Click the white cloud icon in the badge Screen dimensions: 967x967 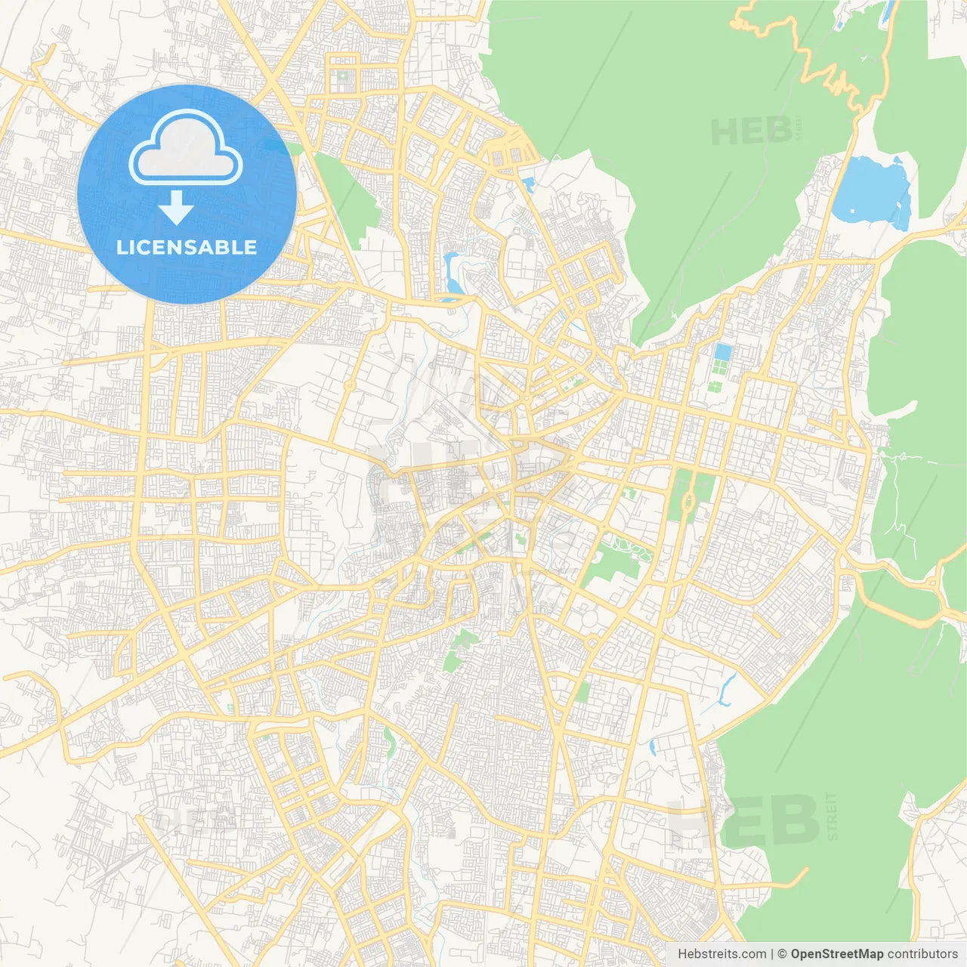click(186, 148)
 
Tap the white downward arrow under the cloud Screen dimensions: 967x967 click(176, 208)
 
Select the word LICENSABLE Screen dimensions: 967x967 click(187, 247)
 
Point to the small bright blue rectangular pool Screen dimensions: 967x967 click(723, 353)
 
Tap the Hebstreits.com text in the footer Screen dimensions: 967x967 click(721, 954)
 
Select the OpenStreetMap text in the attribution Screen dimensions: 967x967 click(837, 954)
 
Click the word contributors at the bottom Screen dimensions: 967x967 click(922, 954)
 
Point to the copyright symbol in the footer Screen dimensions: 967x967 click(782, 954)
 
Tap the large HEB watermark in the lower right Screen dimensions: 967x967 click(744, 820)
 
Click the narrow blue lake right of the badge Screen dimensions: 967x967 click(454, 272)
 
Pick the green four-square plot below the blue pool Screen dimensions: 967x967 click(715, 387)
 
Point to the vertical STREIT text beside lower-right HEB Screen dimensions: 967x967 click(832, 816)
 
